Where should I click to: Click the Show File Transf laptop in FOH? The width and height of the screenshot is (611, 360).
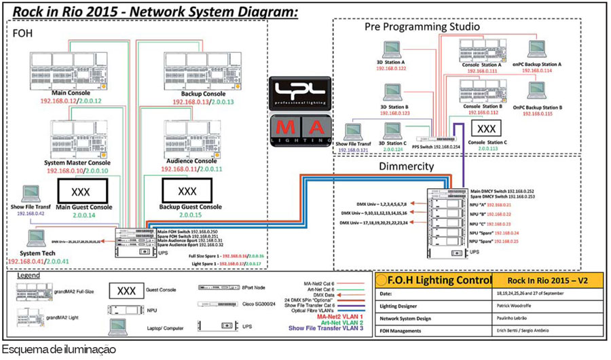click(x=30, y=194)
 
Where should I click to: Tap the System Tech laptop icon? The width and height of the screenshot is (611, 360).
click(x=35, y=237)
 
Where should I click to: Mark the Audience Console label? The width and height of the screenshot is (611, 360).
click(x=192, y=160)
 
